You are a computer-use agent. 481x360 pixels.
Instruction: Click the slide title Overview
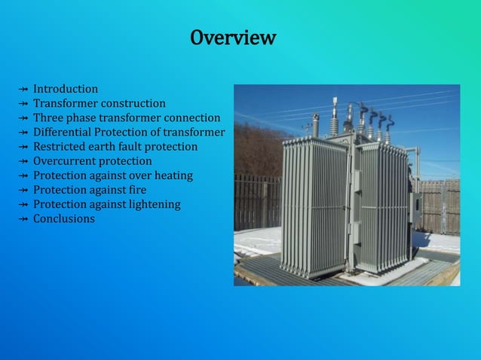[233, 38]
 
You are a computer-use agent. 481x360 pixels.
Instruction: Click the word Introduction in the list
[66, 89]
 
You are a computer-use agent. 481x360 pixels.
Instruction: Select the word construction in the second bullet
[135, 103]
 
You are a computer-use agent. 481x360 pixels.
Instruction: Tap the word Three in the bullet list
[47, 117]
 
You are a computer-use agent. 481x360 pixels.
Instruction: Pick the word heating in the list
[173, 175]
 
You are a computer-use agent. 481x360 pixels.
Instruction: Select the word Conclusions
[64, 218]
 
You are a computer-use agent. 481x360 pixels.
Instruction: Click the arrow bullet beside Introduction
[23, 89]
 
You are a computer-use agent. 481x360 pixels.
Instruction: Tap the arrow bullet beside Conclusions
[23, 218]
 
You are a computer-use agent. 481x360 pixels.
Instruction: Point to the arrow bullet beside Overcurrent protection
[23, 160]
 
